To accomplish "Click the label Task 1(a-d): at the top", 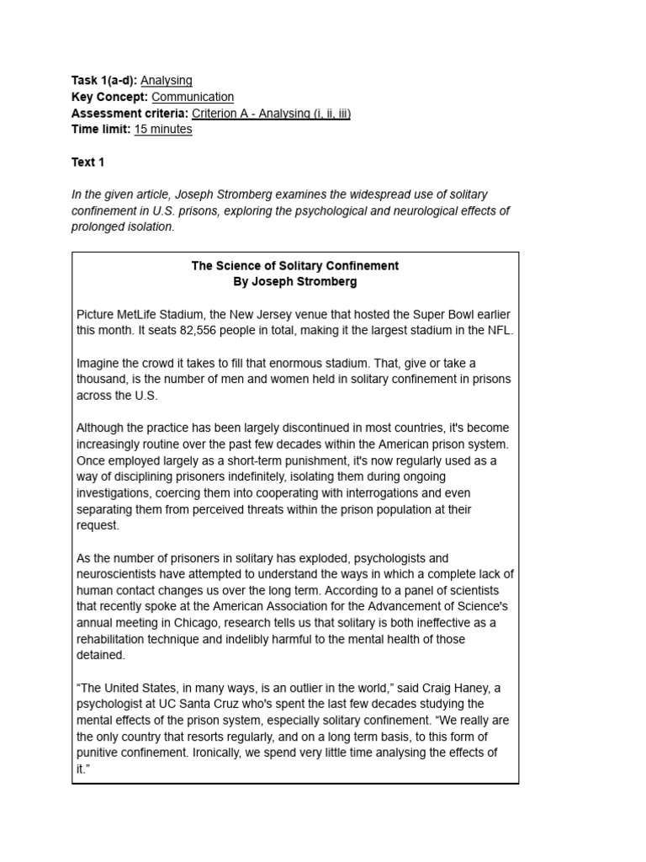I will coord(104,81).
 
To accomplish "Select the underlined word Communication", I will coord(193,97).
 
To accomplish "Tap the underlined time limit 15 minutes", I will coord(162,129).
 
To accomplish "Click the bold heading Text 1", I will coord(88,162).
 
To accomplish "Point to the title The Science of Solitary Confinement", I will coord(295,266).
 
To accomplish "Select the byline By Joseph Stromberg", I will coord(295,282).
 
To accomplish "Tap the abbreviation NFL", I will coord(497,331).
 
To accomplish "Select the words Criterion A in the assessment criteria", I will coord(221,113).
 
